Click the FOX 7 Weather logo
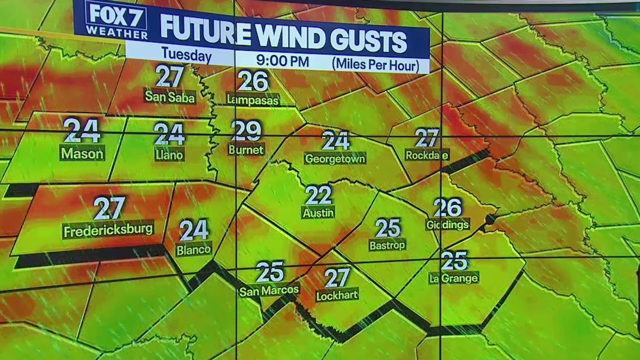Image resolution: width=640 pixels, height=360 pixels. (x=116, y=20)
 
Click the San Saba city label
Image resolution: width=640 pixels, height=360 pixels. (x=170, y=96)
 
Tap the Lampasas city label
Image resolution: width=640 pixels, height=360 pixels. (x=253, y=99)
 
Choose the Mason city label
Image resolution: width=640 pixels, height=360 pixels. (x=83, y=153)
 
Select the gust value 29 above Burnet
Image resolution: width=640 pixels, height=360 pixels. (x=247, y=130)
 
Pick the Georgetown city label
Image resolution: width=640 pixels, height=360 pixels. (x=335, y=159)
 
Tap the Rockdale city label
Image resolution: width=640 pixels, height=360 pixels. (x=427, y=155)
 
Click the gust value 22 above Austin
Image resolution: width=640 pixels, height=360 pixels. (x=318, y=195)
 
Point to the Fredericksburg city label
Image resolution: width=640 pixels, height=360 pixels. (x=108, y=230)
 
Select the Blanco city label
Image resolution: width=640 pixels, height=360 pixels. (x=194, y=249)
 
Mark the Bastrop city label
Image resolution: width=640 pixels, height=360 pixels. (x=387, y=244)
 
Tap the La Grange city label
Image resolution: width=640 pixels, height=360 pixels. (x=453, y=278)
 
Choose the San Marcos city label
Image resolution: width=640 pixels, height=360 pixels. (x=269, y=291)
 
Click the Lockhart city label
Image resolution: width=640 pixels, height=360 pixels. (x=336, y=295)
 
